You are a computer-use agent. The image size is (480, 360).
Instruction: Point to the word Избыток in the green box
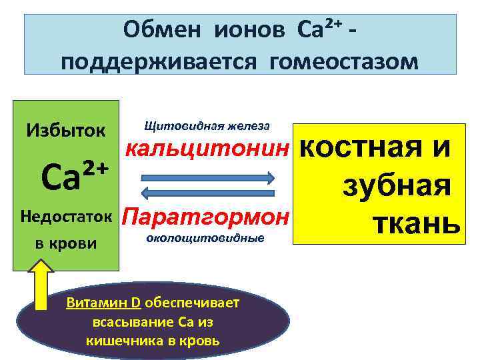point(65,129)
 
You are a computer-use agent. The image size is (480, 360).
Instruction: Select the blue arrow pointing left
point(207,193)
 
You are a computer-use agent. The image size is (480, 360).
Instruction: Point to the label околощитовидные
point(204,237)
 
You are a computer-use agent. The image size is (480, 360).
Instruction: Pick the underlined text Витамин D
point(103,303)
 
